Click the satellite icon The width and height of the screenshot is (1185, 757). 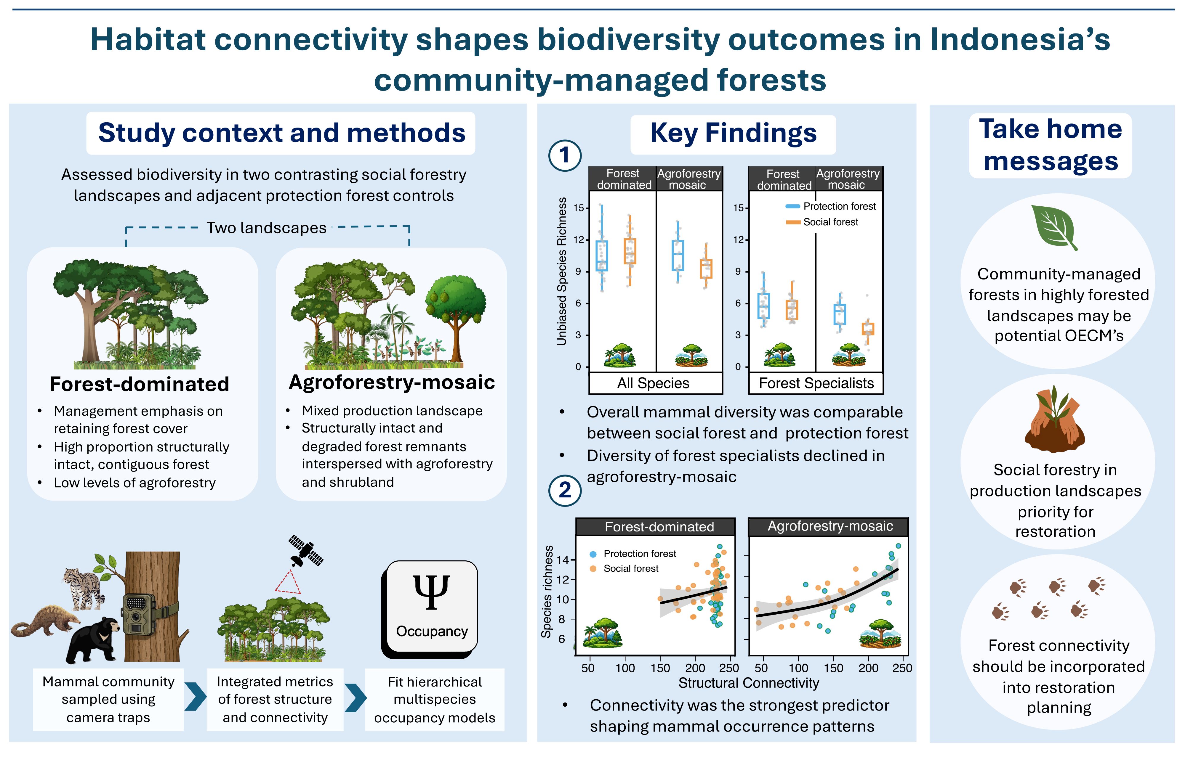[x=306, y=550]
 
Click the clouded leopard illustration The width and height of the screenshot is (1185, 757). [x=84, y=588]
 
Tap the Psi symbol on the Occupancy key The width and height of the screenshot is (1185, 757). [x=432, y=592]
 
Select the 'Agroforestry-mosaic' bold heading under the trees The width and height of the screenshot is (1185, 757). [x=392, y=382]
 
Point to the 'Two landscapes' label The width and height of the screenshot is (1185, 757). [x=266, y=228]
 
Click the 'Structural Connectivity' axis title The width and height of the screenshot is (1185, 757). [x=749, y=683]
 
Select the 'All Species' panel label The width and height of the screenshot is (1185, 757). [x=653, y=383]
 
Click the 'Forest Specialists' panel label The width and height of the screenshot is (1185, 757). [x=816, y=383]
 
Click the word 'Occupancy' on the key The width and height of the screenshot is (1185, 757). [x=432, y=631]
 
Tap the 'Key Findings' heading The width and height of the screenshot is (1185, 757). [x=733, y=133]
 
